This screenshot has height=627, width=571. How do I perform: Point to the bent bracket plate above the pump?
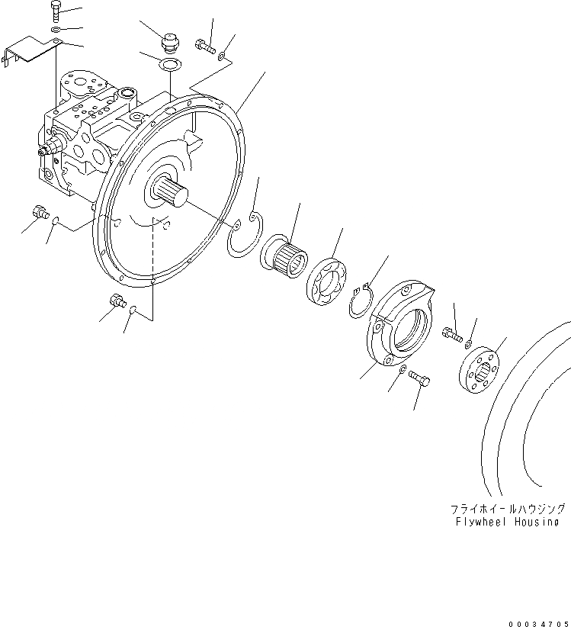click(x=34, y=54)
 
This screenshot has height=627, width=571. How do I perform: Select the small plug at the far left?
click(x=38, y=211)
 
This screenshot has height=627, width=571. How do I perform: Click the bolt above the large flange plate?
click(x=204, y=45)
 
